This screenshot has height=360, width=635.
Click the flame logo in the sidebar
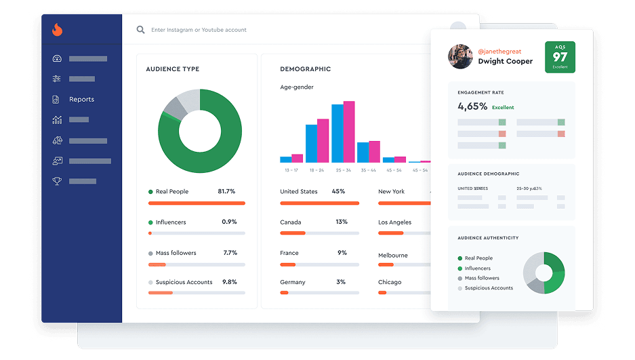tap(57, 30)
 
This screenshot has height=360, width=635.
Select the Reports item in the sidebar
tap(81, 100)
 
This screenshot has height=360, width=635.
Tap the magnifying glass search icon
tap(140, 30)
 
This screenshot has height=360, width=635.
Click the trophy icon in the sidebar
tap(57, 181)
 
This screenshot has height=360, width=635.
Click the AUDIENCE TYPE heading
tap(172, 69)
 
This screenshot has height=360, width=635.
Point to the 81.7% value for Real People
tap(226, 192)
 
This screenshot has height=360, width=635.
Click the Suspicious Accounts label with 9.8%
tap(184, 282)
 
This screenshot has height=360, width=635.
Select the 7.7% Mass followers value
tap(230, 253)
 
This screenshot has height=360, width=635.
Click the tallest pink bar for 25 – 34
tap(349, 132)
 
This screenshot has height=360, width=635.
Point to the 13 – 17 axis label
tap(291, 170)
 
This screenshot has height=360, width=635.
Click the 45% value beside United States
tap(338, 192)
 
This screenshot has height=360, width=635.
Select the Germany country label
tap(293, 282)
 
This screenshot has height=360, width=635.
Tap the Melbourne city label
tap(393, 256)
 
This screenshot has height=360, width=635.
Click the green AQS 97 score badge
tap(560, 57)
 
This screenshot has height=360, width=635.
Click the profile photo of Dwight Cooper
tap(460, 57)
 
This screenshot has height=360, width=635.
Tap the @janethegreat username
tap(499, 52)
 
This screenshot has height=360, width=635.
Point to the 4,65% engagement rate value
tap(472, 106)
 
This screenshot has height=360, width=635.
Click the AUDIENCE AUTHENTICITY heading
tap(488, 238)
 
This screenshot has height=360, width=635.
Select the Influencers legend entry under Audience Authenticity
tap(477, 268)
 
